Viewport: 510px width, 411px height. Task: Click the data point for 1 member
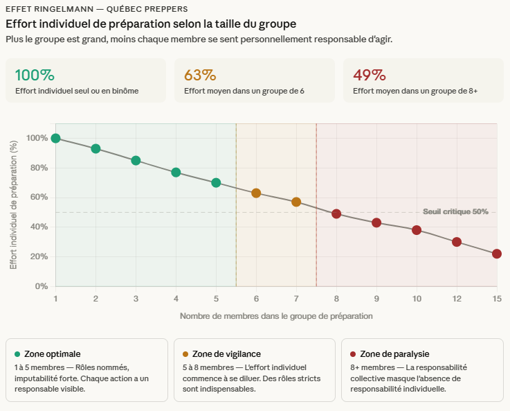(x=55, y=138)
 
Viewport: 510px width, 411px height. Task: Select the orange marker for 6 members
(x=256, y=193)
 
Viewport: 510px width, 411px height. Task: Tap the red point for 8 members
(x=336, y=213)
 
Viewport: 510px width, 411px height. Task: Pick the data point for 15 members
(x=497, y=254)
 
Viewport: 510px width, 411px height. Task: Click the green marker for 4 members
(x=176, y=173)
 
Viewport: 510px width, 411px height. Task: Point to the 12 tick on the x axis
(x=457, y=298)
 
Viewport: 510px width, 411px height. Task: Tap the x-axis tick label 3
(x=136, y=298)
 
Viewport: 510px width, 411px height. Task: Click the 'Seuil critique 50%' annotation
(x=455, y=211)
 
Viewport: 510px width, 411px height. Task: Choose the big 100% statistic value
(x=35, y=75)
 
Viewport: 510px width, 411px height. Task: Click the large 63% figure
(x=200, y=75)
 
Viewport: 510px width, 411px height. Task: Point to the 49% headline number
(x=369, y=75)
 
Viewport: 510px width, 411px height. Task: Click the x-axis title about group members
(x=276, y=316)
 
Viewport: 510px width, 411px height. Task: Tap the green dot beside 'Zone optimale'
(x=17, y=354)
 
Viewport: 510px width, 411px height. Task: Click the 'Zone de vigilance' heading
(x=228, y=354)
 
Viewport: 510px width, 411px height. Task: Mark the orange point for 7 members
(x=296, y=202)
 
